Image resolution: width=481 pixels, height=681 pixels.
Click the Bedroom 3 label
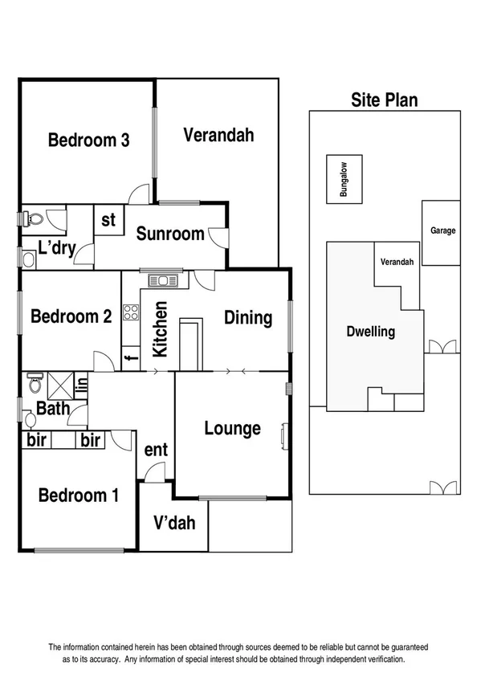(89, 141)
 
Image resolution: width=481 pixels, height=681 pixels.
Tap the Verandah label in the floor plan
(218, 135)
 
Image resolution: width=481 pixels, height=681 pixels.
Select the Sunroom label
(169, 234)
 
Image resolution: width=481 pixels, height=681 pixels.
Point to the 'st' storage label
(109, 219)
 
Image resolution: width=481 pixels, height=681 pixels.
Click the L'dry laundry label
(56, 247)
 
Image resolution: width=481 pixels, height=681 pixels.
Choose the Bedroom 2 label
(71, 316)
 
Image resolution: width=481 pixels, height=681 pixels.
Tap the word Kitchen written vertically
(160, 329)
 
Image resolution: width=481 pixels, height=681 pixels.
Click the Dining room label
(247, 318)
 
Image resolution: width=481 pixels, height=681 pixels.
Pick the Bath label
(53, 408)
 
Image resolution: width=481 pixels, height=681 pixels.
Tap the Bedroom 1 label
(79, 495)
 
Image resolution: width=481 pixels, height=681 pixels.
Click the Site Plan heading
(384, 100)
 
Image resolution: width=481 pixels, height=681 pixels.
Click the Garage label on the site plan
(442, 230)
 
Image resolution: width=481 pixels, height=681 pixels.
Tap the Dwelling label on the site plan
(370, 332)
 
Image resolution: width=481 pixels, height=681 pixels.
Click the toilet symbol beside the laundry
(33, 218)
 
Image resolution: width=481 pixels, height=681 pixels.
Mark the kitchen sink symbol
(168, 280)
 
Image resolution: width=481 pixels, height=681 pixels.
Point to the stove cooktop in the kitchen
(130, 312)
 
